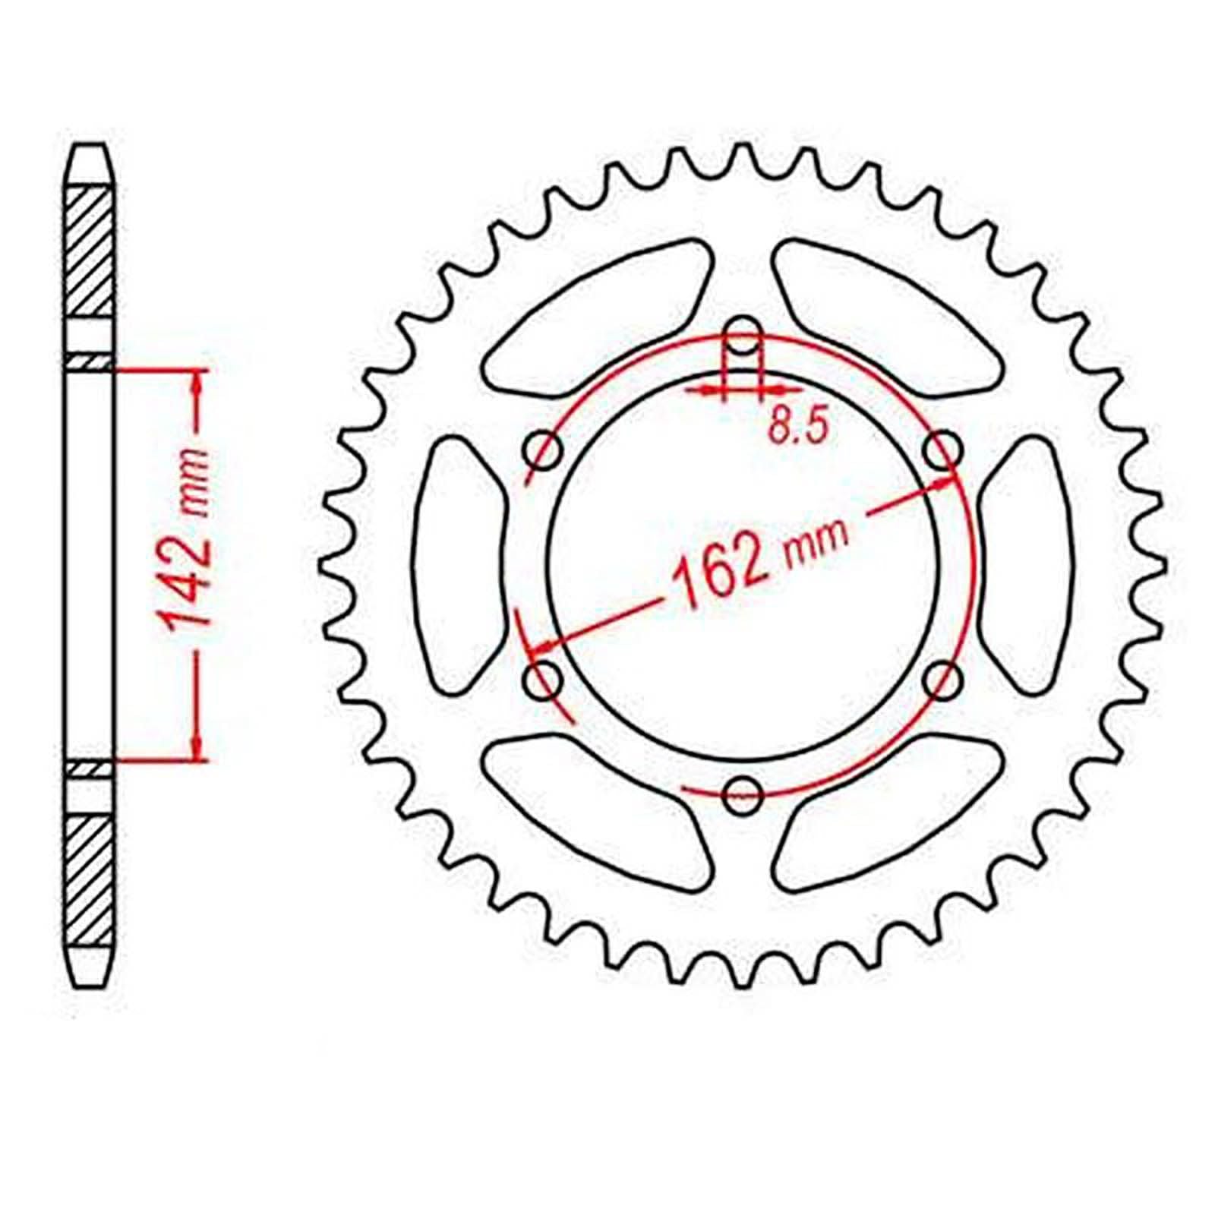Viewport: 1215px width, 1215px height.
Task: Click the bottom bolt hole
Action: [743, 795]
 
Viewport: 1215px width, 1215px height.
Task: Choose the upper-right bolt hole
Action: [943, 452]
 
